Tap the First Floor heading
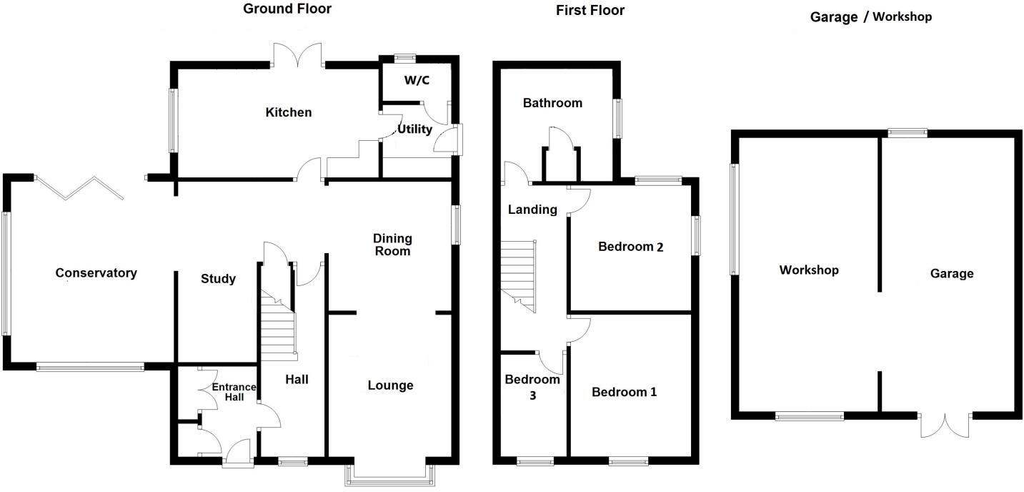point(590,10)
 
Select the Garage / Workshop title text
point(870,17)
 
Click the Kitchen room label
point(289,112)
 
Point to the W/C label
point(417,80)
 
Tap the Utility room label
point(414,129)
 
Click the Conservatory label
point(96,273)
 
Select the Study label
point(218,279)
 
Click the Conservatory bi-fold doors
point(79,187)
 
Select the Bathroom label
point(552,103)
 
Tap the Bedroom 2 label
point(631,247)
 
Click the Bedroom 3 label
point(532,386)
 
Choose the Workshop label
point(809,270)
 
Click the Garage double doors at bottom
point(945,425)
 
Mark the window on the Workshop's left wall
point(734,219)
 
